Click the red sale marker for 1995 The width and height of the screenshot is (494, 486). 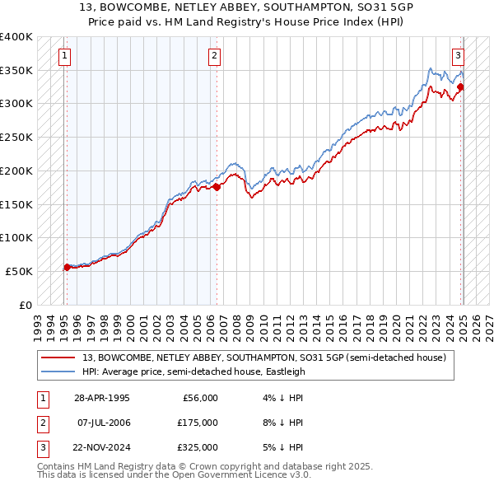[x=67, y=267]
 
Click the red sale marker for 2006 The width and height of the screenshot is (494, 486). [x=217, y=187]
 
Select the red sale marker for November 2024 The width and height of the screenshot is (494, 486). [x=460, y=86]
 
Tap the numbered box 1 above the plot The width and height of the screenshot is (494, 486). [x=64, y=56]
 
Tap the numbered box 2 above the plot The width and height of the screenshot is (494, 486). [x=213, y=56]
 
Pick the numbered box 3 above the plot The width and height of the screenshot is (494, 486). [x=457, y=56]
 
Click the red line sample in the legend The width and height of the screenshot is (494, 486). [x=58, y=357]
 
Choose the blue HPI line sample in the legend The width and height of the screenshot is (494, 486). [x=58, y=372]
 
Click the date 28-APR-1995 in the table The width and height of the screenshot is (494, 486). [x=102, y=399]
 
